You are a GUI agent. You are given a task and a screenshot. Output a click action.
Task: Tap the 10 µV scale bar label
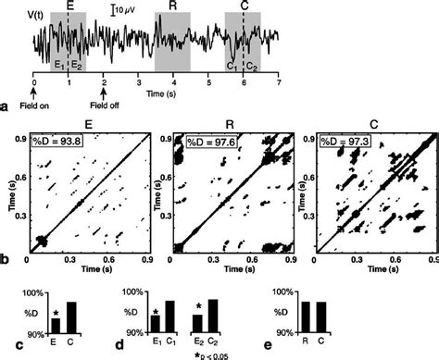coord(127,11)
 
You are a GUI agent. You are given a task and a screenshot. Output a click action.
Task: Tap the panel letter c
coord(6,349)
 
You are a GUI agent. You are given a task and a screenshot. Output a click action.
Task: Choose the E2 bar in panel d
coord(197,323)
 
